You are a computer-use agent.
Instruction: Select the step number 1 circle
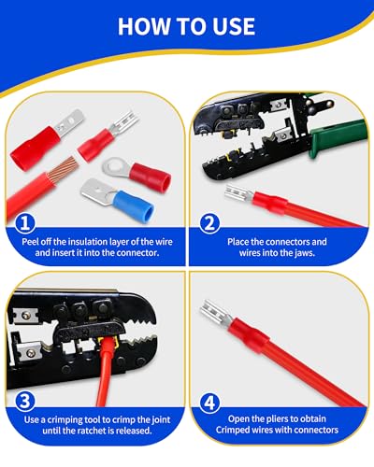point(25,223)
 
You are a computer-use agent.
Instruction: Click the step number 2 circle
point(209,223)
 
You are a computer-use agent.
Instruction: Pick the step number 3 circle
point(25,401)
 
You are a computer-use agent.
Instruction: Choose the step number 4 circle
point(209,403)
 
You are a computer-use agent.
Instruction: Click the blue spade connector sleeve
point(133,205)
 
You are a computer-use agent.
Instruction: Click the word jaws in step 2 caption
point(305,253)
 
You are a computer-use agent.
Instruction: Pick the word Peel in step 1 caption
point(30,242)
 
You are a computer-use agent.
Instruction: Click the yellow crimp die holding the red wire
point(108,343)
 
